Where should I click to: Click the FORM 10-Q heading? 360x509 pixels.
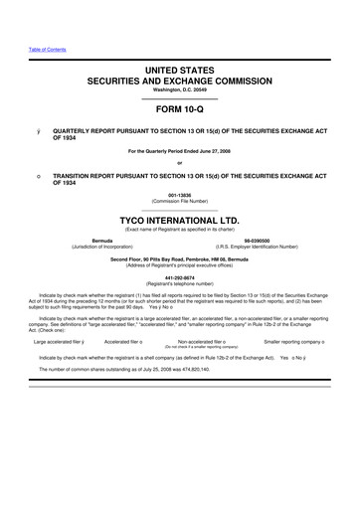(x=180, y=110)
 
